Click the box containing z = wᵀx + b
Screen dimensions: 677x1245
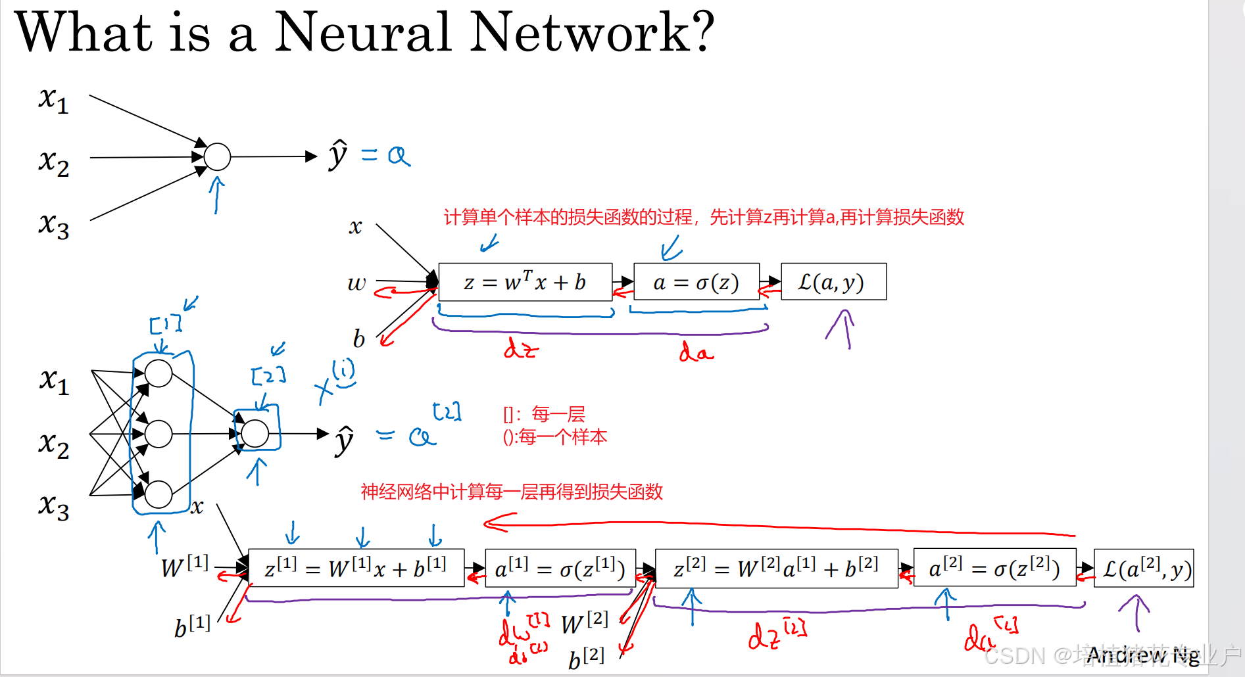click(525, 283)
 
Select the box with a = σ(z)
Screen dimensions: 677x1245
click(696, 283)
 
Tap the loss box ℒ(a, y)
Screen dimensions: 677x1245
click(833, 282)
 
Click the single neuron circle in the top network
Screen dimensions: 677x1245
click(217, 156)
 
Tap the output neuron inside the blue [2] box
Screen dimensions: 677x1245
click(255, 433)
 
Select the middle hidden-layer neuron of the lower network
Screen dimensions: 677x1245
click(159, 434)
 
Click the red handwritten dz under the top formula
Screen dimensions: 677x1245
click(521, 348)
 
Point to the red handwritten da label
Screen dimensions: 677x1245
click(696, 352)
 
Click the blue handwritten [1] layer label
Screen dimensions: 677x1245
click(165, 324)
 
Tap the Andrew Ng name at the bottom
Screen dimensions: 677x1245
click(1142, 655)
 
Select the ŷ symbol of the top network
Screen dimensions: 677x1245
click(338, 155)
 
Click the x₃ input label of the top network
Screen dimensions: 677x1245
click(53, 225)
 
